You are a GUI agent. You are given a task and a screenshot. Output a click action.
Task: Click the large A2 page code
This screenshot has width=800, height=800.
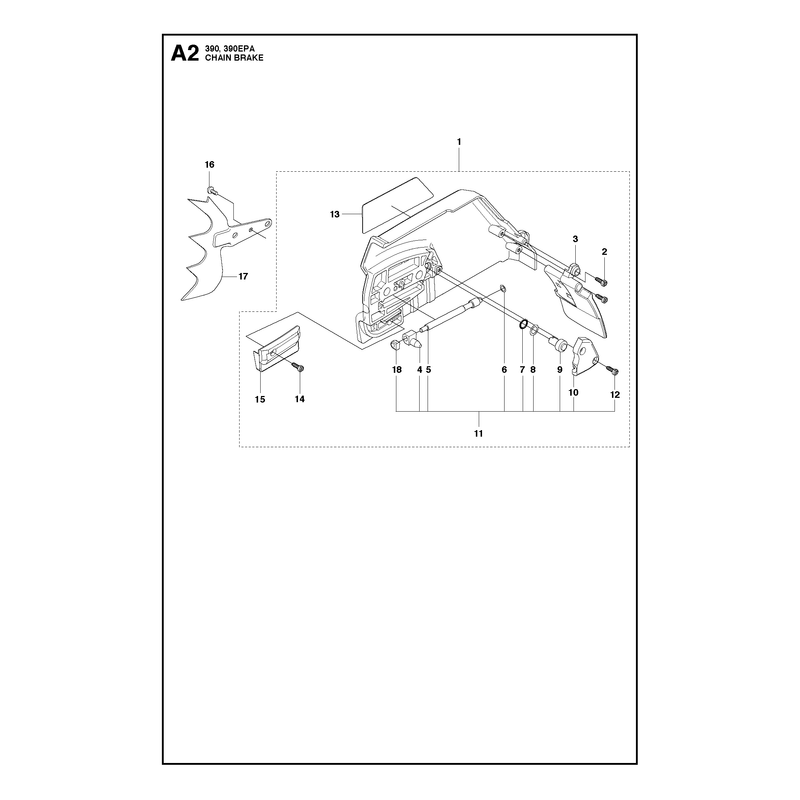(x=185, y=53)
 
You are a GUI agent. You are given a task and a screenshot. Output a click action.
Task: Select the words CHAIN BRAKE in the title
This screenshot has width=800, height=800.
(x=234, y=58)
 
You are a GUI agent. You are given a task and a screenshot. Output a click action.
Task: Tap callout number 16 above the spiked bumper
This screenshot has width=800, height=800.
(x=210, y=164)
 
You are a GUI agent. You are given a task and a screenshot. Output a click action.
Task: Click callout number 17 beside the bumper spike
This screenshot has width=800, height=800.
(x=243, y=277)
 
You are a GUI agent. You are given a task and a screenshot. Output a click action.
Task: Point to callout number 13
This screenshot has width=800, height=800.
(x=335, y=214)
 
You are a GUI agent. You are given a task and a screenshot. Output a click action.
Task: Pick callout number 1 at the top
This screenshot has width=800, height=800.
(x=459, y=141)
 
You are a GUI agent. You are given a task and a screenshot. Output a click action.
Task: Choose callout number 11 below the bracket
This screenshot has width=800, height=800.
(x=478, y=434)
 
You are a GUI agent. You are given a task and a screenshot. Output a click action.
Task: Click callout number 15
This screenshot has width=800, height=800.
(x=260, y=399)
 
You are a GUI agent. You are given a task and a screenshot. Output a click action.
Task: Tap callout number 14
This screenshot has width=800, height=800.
(x=300, y=399)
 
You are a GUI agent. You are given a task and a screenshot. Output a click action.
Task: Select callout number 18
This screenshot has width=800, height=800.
(x=397, y=369)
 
